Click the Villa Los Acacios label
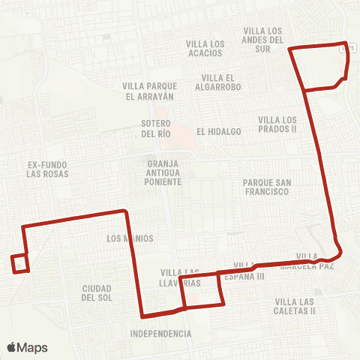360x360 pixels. pyautogui.click(x=205, y=49)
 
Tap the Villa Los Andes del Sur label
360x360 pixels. pyautogui.click(x=263, y=34)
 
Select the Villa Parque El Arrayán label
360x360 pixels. pyautogui.click(x=149, y=91)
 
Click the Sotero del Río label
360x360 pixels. pyautogui.click(x=156, y=128)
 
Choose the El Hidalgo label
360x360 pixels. pyautogui.click(x=219, y=131)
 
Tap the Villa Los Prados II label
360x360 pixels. pyautogui.click(x=277, y=124)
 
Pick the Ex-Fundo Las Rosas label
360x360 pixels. pyautogui.click(x=47, y=169)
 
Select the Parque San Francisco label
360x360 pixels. pyautogui.click(x=266, y=187)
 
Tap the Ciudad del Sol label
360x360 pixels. pyautogui.click(x=97, y=292)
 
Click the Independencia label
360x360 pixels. pyautogui.click(x=160, y=333)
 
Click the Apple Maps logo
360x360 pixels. pyautogui.click(x=27, y=347)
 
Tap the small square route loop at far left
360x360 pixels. pyautogui.click(x=20, y=263)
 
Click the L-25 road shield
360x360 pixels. pyautogui.click(x=346, y=47)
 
